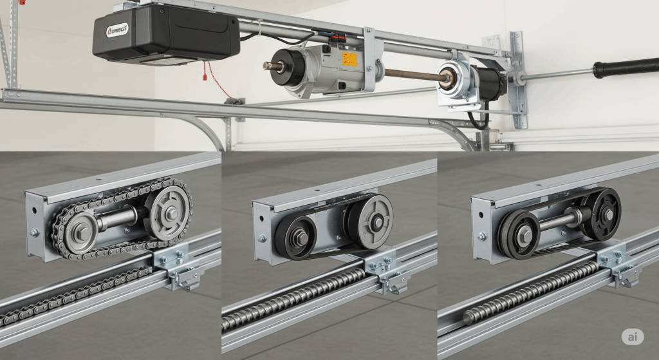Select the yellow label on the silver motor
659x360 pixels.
tap(348, 59)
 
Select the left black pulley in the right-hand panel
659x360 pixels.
tap(518, 231)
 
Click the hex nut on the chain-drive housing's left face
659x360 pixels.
tap(35, 232)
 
